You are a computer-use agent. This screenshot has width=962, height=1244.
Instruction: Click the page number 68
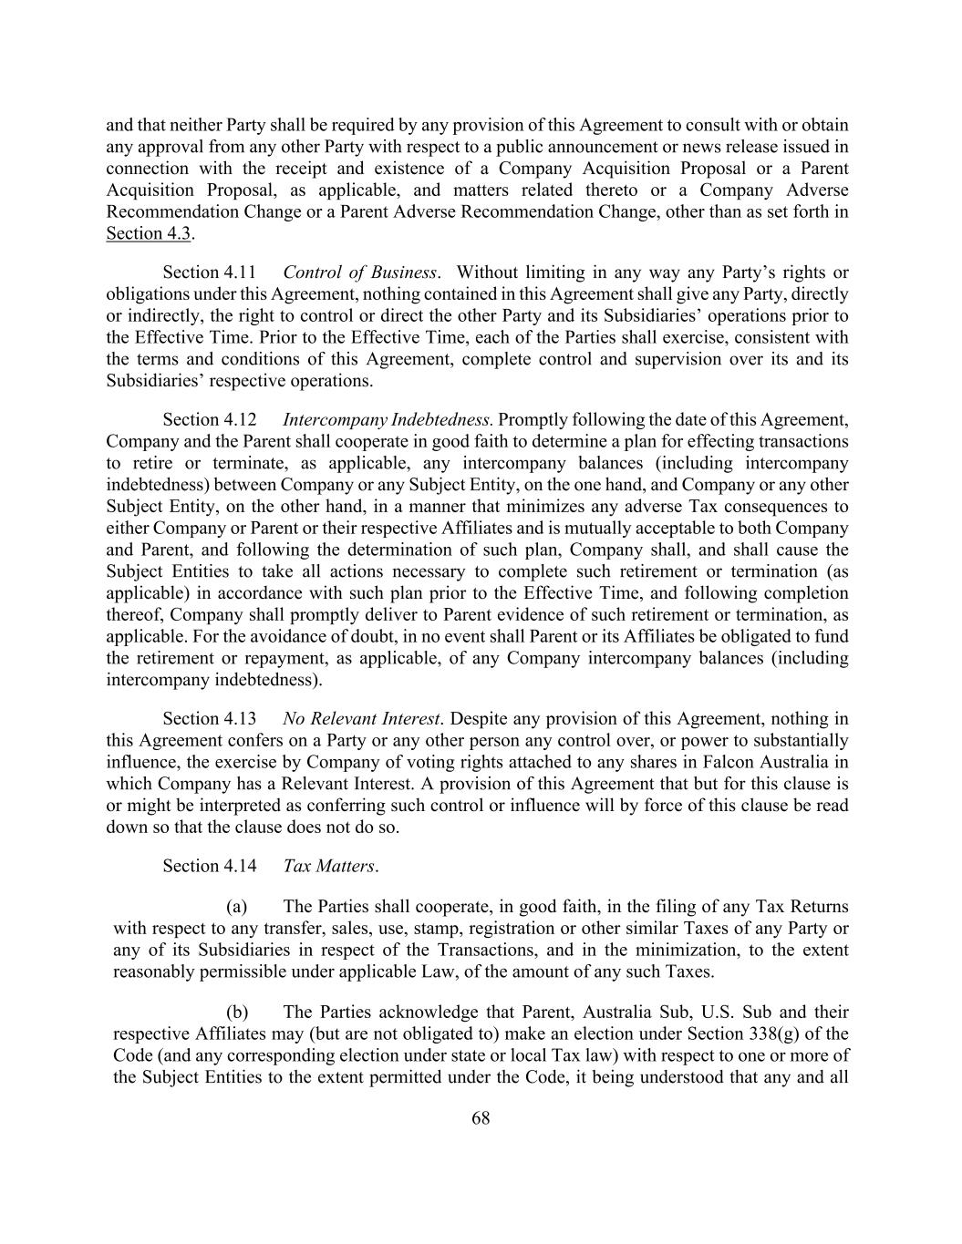[x=481, y=1118]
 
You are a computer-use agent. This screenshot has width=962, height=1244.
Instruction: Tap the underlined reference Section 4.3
[x=149, y=234]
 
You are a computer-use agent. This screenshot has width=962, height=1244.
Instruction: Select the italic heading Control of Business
[x=359, y=272]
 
